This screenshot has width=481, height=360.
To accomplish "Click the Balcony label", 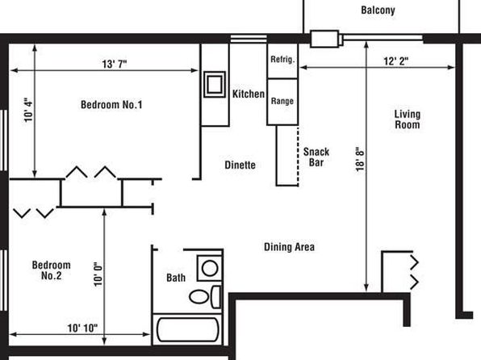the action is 378,10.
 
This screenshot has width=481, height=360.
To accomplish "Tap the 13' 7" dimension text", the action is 115,64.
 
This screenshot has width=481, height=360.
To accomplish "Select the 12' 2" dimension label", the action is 396,61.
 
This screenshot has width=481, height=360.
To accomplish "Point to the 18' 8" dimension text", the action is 360,159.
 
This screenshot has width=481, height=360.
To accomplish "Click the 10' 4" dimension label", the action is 28,110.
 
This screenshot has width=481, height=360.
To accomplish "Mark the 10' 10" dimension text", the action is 82,328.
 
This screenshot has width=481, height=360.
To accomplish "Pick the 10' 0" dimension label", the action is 98,274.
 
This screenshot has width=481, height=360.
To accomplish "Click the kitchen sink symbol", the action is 215,84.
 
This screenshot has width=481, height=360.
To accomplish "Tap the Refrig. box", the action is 282,61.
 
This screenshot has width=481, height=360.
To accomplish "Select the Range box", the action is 282,102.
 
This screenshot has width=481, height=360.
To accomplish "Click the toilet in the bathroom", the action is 205,297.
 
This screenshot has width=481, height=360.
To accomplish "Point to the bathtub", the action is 188,329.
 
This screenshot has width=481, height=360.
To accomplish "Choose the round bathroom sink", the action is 210,268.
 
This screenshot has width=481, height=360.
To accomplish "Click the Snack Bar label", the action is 316,157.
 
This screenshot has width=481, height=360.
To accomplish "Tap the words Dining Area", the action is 289,247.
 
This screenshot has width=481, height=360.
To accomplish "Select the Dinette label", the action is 240,165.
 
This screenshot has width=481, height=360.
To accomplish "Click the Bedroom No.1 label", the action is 111,105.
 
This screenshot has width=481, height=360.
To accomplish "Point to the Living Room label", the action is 408,119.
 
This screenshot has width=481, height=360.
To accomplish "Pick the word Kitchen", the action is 249,94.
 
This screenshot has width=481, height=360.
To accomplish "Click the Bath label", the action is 176,278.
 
